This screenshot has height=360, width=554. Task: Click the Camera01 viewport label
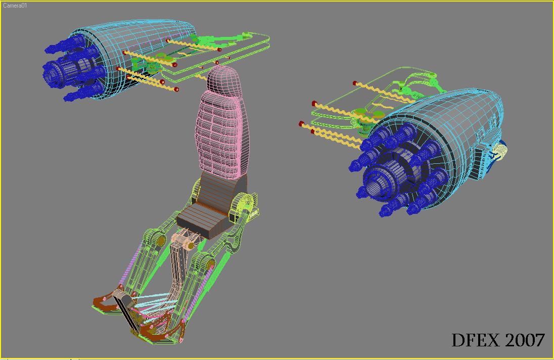pos(15,6)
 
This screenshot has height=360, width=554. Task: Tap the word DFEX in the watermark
pos(476,340)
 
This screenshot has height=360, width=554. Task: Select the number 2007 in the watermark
pos(524,340)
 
